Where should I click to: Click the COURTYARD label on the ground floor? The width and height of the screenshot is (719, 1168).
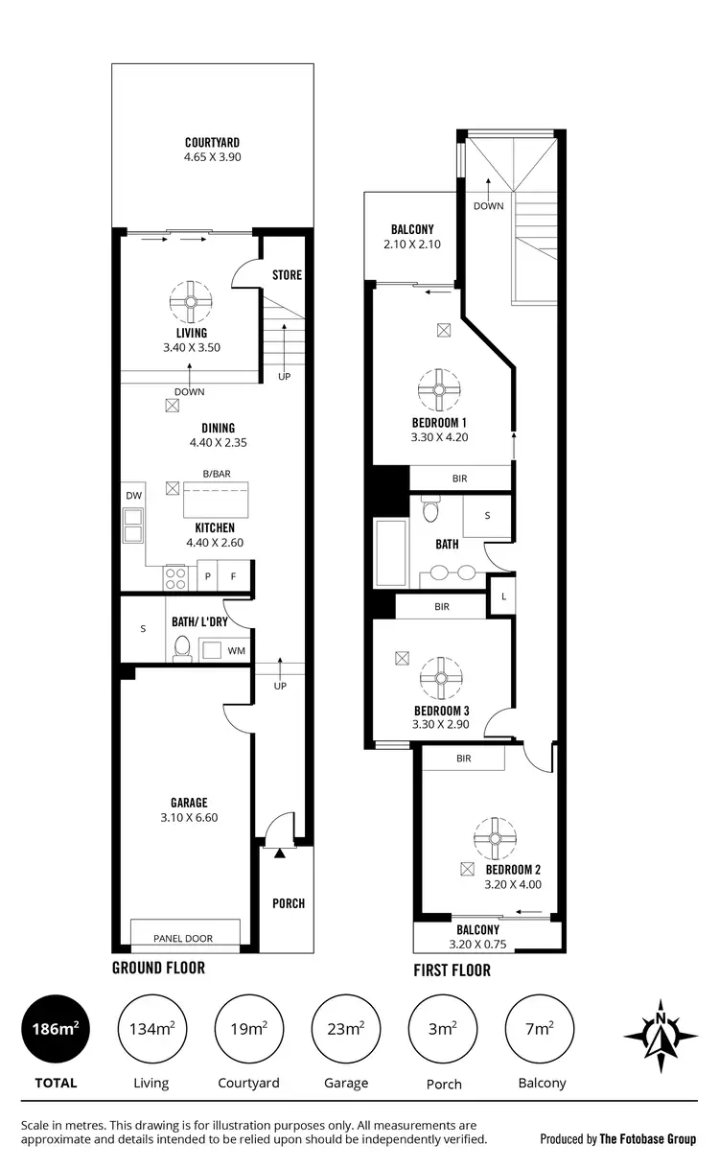point(212,143)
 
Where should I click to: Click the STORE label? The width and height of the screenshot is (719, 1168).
point(287,275)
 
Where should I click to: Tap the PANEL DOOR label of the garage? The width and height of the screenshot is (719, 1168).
point(183,938)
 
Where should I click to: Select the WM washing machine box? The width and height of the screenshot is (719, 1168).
point(236,650)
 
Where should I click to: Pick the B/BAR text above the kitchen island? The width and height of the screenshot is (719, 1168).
point(216,474)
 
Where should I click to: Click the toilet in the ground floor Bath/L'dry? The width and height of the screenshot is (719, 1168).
point(181,649)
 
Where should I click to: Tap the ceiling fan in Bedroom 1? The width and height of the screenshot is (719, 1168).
point(440,389)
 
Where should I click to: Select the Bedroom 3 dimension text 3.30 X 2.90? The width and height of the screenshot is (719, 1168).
point(440,725)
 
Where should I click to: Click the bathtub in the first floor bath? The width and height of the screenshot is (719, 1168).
point(391,553)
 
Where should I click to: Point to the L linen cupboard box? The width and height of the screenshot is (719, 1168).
point(502,596)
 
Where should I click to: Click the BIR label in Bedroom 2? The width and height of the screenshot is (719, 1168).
point(464,759)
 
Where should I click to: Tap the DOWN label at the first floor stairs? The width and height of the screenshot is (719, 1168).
point(488,206)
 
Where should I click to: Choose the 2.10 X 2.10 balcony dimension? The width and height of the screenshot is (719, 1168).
point(412,245)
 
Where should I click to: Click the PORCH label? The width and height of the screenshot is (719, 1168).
point(288,903)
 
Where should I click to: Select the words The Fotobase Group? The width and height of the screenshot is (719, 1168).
point(648,1139)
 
